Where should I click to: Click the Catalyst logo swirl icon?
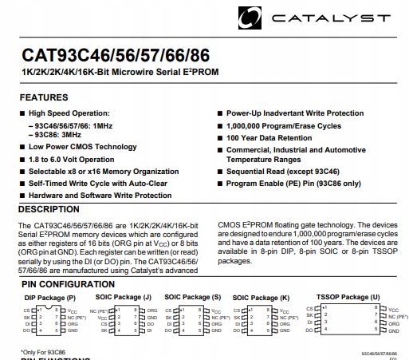[x=252, y=15]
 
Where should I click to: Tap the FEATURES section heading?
[x=44, y=97]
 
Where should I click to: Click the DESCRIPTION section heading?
[x=49, y=210]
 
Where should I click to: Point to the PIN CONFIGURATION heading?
[x=65, y=283]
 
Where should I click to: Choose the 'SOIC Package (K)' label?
[x=264, y=297]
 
